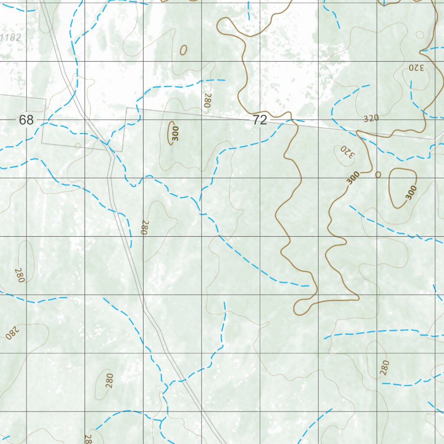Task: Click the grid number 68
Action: click(26, 120)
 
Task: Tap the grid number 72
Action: click(260, 120)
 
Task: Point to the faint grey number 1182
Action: click(10, 38)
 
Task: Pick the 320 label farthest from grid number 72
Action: click(415, 68)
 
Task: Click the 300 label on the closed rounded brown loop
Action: click(411, 192)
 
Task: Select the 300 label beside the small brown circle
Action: click(353, 178)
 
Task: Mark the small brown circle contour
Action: click(378, 174)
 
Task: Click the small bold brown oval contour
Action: click(183, 50)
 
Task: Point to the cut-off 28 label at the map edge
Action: click(88, 439)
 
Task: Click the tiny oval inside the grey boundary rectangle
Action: click(78, 146)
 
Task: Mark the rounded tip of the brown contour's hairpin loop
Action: click(297, 309)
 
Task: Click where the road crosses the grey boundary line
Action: click(107, 146)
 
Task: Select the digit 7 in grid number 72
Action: click(256, 120)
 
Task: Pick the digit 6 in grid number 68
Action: click(23, 120)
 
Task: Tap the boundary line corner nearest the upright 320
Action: click(434, 139)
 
